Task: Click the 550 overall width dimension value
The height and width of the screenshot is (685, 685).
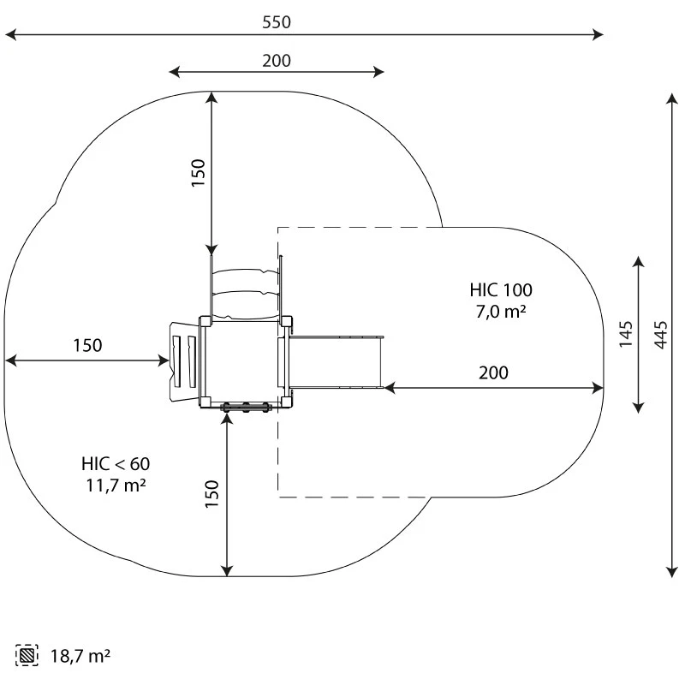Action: (x=277, y=22)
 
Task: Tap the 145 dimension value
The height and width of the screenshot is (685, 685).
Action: (x=626, y=334)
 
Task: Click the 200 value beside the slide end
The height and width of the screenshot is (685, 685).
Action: (x=493, y=372)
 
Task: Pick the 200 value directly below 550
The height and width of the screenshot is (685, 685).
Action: (x=277, y=60)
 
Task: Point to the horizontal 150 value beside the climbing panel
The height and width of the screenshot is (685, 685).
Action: (x=86, y=346)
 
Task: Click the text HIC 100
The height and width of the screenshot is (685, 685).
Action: (x=500, y=289)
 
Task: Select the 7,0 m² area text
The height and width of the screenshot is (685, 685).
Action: (x=500, y=312)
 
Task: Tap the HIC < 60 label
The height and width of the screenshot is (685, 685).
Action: (x=116, y=464)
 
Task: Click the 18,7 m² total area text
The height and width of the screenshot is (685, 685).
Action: (x=80, y=657)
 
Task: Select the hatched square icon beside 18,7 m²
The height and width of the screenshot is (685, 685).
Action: (x=28, y=657)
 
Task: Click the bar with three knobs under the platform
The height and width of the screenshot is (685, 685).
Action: (x=247, y=408)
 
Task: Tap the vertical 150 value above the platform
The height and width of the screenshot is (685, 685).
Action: (x=198, y=173)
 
